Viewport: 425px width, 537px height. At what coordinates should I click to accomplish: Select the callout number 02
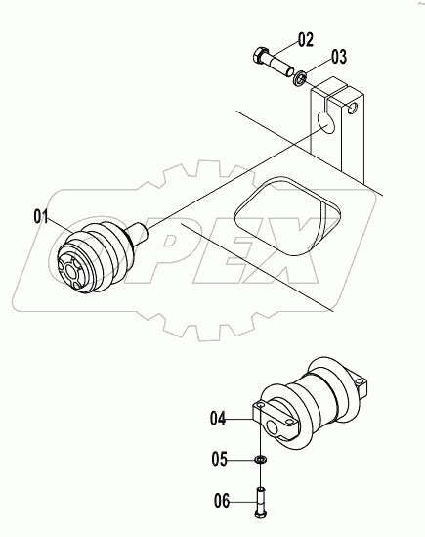click(x=306, y=40)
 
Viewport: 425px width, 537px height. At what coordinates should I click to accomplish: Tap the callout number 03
click(x=338, y=55)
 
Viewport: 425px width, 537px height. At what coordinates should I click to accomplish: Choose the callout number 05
click(x=221, y=458)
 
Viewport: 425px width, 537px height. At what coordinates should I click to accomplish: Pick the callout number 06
click(x=222, y=501)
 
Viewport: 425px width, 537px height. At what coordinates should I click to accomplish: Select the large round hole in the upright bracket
click(x=323, y=124)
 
